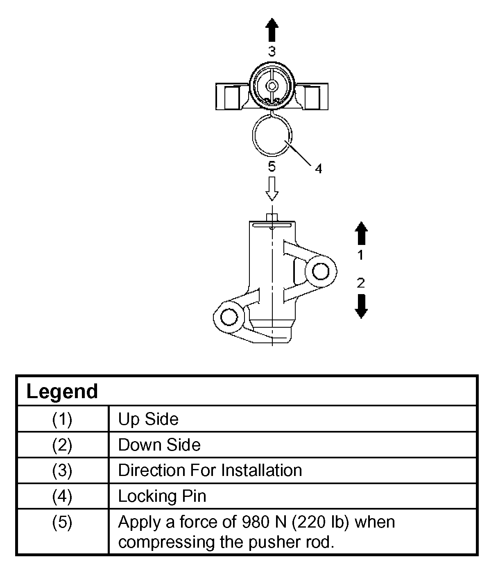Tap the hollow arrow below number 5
[272, 188]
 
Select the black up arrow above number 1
[360, 233]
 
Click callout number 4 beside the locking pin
[319, 168]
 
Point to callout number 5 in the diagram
[272, 166]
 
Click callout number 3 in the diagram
[272, 52]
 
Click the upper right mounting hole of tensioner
[320, 271]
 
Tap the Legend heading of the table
[62, 391]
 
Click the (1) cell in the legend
[62, 419]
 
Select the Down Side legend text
[159, 445]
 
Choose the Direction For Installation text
[210, 470]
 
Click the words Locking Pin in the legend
[162, 496]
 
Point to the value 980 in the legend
[254, 522]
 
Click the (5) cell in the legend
[62, 523]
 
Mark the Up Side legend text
[148, 419]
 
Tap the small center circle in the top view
[272, 86]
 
